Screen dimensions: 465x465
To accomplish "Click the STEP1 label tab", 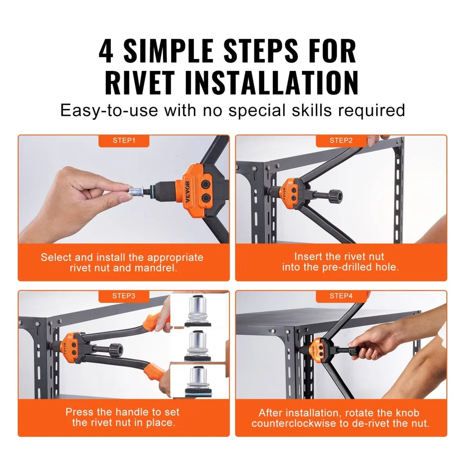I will point(124,141).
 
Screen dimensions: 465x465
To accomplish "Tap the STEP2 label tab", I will point(341,141).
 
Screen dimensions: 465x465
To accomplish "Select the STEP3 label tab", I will point(124,296).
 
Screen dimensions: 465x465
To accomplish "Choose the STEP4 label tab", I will point(341,296).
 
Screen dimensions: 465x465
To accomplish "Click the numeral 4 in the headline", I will point(106,51).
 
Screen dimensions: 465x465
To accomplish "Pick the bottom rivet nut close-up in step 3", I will point(199,379).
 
